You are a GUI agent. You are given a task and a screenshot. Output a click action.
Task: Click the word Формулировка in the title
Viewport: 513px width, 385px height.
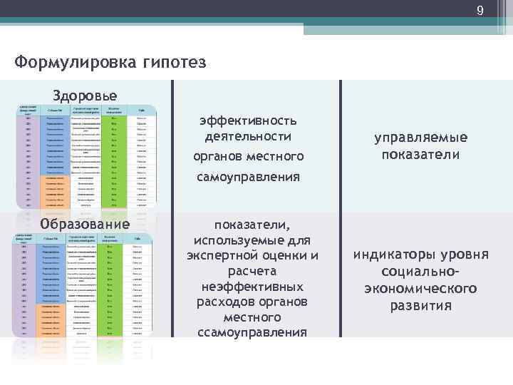(x=70, y=63)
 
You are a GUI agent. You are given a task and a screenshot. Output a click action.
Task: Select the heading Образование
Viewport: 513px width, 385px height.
(x=86, y=224)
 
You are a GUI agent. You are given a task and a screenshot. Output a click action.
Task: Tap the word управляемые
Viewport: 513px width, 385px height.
(x=421, y=138)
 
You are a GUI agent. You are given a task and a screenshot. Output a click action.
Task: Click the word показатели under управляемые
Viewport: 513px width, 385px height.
(x=421, y=154)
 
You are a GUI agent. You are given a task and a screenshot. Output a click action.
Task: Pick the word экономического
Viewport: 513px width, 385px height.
(x=421, y=289)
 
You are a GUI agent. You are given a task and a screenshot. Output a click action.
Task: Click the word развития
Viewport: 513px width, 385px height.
(x=421, y=306)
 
